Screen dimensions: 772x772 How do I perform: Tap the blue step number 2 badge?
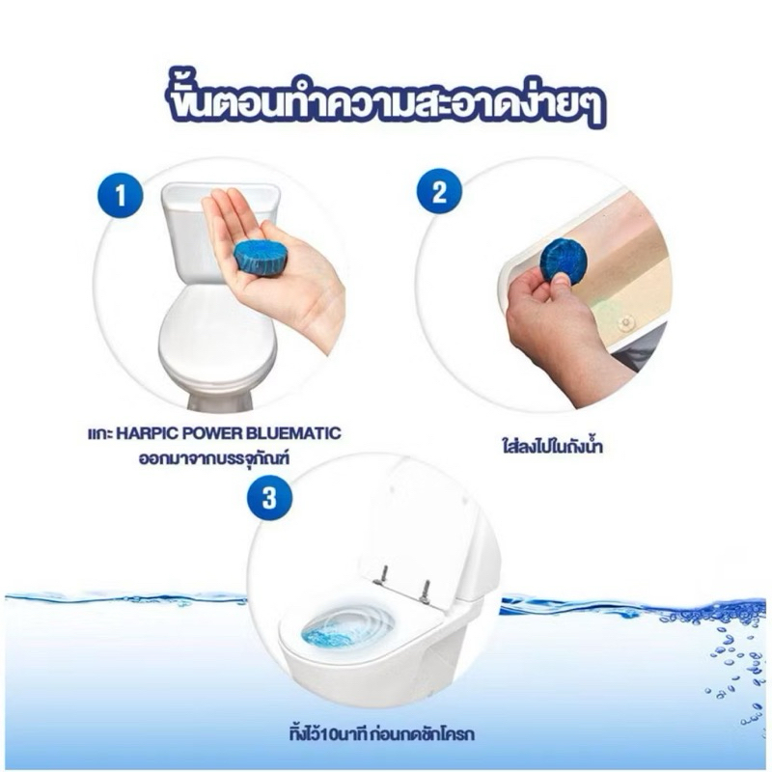point(439,192)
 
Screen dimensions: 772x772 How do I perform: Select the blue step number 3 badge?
point(269,498)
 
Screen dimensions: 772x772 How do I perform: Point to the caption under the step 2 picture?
point(549,446)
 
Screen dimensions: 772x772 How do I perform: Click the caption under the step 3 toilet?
point(381,734)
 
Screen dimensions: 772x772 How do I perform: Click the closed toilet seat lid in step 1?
point(215,335)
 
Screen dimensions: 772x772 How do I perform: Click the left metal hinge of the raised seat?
point(382,575)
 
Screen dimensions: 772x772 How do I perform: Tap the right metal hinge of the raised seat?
point(425,590)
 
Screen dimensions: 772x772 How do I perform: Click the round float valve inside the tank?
point(626,322)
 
